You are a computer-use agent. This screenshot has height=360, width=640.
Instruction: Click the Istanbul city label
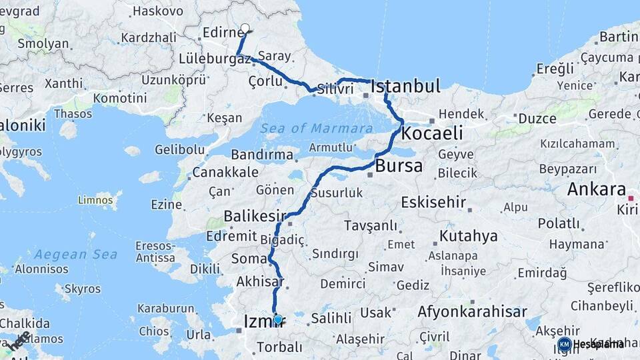click(405, 86)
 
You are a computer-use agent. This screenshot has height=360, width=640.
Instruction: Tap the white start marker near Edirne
click(245, 29)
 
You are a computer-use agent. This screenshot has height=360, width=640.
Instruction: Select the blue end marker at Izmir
click(278, 319)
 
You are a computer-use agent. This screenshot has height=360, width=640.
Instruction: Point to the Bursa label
click(399, 166)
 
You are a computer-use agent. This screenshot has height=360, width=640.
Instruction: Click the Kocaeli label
click(432, 133)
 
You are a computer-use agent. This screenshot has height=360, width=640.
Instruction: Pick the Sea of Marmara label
click(316, 128)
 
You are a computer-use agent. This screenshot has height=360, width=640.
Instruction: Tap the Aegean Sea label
click(75, 254)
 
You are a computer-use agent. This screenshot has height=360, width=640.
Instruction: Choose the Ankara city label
click(597, 189)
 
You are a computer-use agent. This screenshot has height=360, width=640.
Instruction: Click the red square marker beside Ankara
click(631, 198)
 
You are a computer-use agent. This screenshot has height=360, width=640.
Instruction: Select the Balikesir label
click(254, 216)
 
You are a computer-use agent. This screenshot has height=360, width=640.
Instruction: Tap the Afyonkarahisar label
click(472, 311)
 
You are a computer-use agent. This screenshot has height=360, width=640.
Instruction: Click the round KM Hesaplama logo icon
click(564, 344)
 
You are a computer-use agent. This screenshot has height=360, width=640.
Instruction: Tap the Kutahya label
click(468, 236)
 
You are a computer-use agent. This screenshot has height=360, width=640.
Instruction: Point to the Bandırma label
click(264, 155)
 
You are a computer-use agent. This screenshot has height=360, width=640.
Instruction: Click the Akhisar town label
click(257, 282)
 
